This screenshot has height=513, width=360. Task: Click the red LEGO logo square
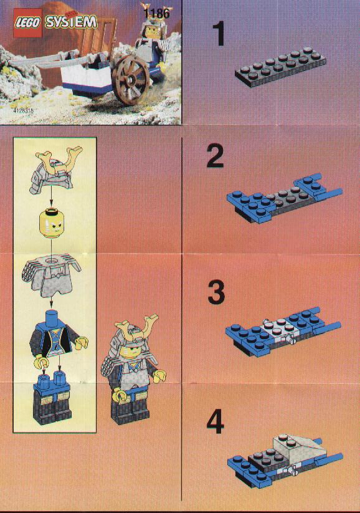pyautogui.click(x=27, y=23)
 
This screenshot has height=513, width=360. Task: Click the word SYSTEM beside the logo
pyautogui.click(x=70, y=22)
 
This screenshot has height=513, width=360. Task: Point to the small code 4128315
pyautogui.click(x=24, y=110)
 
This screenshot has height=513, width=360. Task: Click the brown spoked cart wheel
pyautogui.click(x=131, y=80)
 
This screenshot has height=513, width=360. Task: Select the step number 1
pyautogui.click(x=219, y=34)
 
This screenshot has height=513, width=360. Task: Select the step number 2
pyautogui.click(x=216, y=156)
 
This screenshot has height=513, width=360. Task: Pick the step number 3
pyautogui.click(x=216, y=292)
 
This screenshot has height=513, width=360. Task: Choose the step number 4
pyautogui.click(x=215, y=422)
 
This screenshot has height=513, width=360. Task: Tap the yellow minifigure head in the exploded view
pyautogui.click(x=50, y=223)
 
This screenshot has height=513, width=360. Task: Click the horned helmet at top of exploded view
pyautogui.click(x=55, y=170)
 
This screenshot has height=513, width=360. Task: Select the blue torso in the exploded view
pyautogui.click(x=55, y=338)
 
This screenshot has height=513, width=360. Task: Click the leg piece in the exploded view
pyautogui.click(x=52, y=398)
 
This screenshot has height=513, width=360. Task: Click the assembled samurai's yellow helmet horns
pyautogui.click(x=137, y=325)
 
